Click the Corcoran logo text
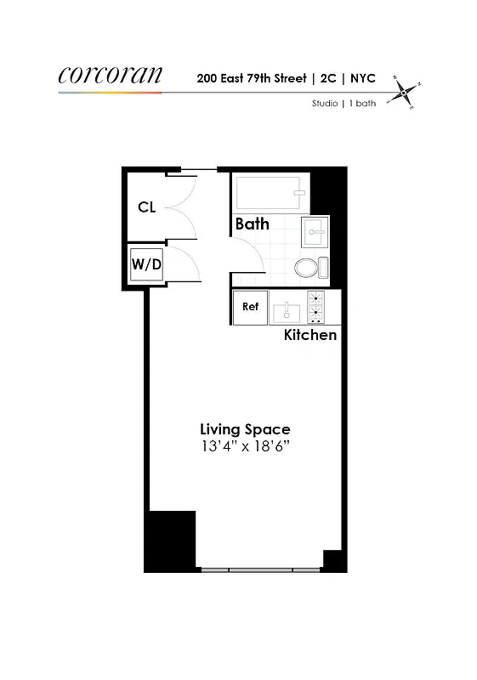pos(110,75)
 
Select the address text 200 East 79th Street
pos(253,78)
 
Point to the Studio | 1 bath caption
pos(343,105)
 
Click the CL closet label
pos(146,207)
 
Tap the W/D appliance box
pos(146,264)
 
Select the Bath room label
pos(253,224)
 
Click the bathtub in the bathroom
pos(270,195)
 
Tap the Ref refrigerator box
pos(250,307)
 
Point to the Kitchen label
pos(310,335)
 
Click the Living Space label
pos(245,429)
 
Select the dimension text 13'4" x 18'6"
pos(245,447)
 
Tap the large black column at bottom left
pos(173,541)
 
